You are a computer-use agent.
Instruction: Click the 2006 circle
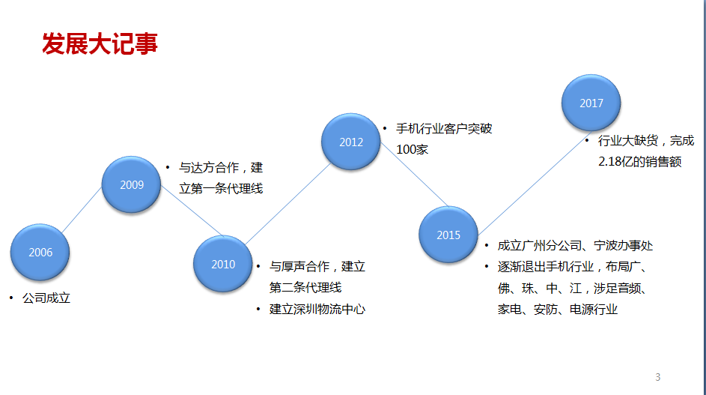[x=40, y=252]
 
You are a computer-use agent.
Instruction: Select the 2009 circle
[x=132, y=184]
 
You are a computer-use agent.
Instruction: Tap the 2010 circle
[x=223, y=264]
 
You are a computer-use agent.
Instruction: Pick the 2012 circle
[x=350, y=142]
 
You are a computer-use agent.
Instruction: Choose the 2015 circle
[x=448, y=235]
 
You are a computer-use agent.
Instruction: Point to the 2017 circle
[x=591, y=103]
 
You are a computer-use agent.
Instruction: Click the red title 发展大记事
[x=100, y=43]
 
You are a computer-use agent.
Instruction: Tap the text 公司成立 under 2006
[x=46, y=298]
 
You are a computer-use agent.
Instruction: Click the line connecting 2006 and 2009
[x=82, y=210]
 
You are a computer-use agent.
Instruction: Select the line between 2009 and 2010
[x=192, y=211]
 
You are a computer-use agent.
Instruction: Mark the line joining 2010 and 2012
[x=288, y=204]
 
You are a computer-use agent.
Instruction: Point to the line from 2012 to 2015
[x=414, y=175]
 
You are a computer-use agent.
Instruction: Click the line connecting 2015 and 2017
[x=535, y=183]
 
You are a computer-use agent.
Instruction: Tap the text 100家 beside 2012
[x=412, y=149]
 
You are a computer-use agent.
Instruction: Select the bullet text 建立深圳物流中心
[x=317, y=309]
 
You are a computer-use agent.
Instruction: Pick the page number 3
[x=658, y=377]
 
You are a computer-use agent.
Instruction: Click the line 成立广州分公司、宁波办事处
[x=575, y=245]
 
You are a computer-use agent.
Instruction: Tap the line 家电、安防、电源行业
[x=558, y=309]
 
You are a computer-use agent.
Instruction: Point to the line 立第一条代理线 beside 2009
[x=221, y=188]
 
